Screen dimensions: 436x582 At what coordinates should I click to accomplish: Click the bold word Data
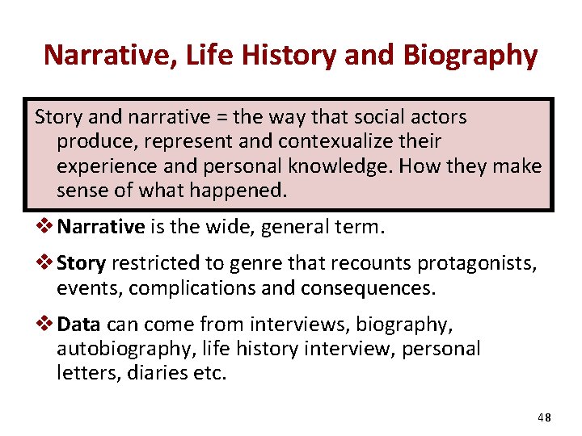tap(79, 325)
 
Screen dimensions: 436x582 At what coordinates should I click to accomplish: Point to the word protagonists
tap(487, 264)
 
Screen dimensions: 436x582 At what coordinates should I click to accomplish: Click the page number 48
tap(543, 417)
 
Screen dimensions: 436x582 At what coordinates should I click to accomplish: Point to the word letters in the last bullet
tap(88, 373)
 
